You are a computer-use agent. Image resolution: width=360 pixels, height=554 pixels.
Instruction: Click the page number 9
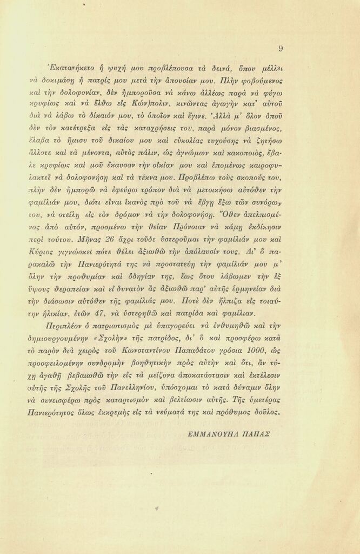[x=281, y=48]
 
